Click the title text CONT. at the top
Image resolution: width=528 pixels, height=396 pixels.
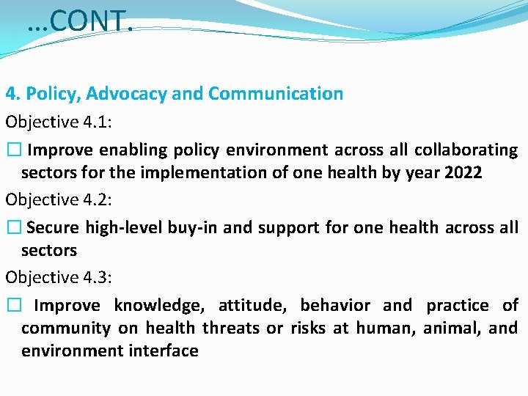tap(79, 21)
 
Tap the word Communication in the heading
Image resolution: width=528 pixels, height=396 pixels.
tap(276, 94)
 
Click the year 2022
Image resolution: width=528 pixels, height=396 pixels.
tap(462, 173)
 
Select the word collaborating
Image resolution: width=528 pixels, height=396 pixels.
tap(466, 150)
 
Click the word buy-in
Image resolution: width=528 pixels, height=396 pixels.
tap(195, 228)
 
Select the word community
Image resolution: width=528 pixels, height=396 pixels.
tap(66, 329)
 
